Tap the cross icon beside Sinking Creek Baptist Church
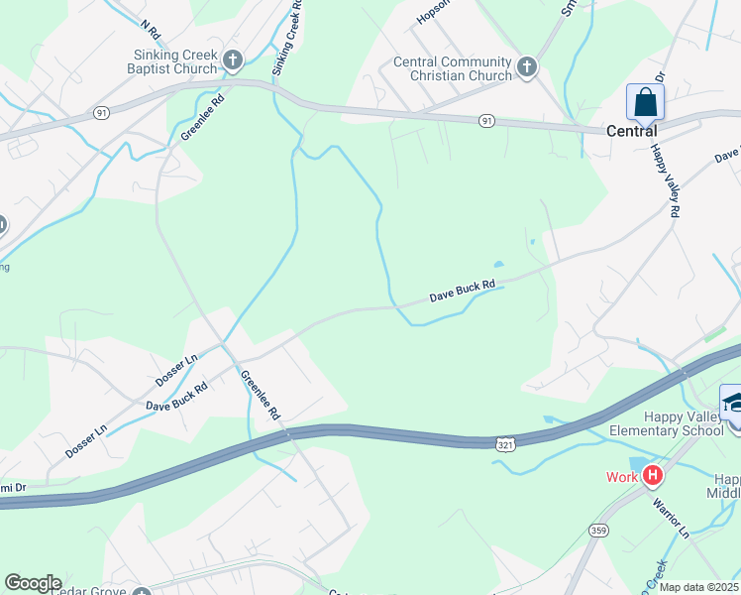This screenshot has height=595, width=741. pyautogui.click(x=233, y=61)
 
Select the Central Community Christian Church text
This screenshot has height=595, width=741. pyautogui.click(x=453, y=68)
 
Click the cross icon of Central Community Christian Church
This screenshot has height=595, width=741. pyautogui.click(x=527, y=67)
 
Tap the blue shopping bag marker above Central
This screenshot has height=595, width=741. pyautogui.click(x=645, y=102)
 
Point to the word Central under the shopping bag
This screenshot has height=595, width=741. pyautogui.click(x=632, y=131)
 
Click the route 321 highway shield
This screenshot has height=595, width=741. pyautogui.click(x=505, y=444)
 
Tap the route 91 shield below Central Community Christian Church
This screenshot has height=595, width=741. pyautogui.click(x=486, y=121)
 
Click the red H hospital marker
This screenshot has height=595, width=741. pyautogui.click(x=652, y=476)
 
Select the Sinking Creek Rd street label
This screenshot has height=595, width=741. pyautogui.click(x=286, y=38)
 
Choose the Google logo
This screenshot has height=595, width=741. pyautogui.click(x=33, y=583)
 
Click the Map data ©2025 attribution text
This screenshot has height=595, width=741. pyautogui.click(x=697, y=587)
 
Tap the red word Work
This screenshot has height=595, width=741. pyautogui.click(x=622, y=477)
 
